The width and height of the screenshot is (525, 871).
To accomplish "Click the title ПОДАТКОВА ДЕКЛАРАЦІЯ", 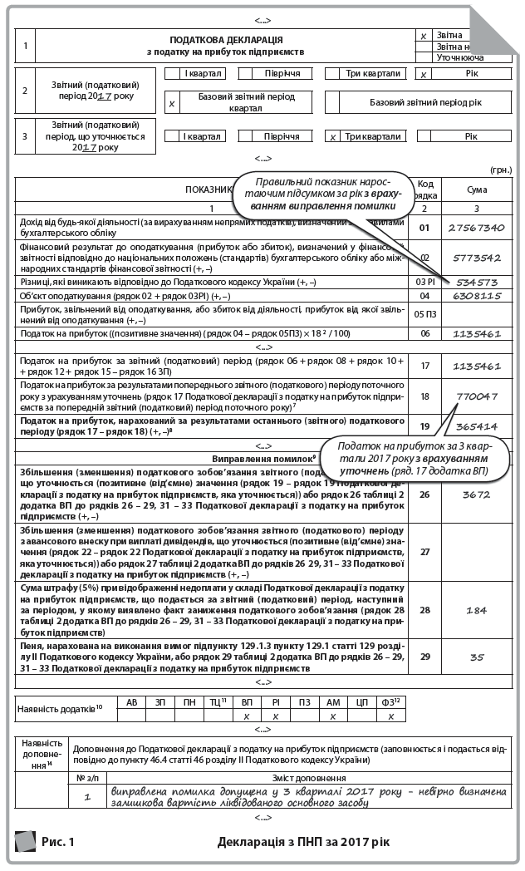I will tap(226, 39).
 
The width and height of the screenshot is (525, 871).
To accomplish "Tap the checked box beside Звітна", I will tap(423, 36).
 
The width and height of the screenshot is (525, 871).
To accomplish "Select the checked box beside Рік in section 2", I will tap(424, 74).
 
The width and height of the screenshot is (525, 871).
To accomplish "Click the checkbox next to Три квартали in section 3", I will tap(332, 136).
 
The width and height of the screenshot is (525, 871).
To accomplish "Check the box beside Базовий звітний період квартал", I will tap(172, 102).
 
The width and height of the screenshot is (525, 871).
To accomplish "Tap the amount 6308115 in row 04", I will tap(477, 295).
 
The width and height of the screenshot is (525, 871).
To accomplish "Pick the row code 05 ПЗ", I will tap(425, 314).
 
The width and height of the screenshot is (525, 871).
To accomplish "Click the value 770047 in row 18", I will tap(477, 396).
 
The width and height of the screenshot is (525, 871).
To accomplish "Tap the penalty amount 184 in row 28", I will tap(477, 609).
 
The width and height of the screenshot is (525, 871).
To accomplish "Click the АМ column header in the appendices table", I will tap(332, 702).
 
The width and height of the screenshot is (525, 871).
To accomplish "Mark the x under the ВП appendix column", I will tap(246, 716).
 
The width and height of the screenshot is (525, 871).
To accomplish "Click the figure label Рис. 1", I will tap(58, 842).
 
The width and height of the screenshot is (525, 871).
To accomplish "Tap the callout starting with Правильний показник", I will tap(317, 193).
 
